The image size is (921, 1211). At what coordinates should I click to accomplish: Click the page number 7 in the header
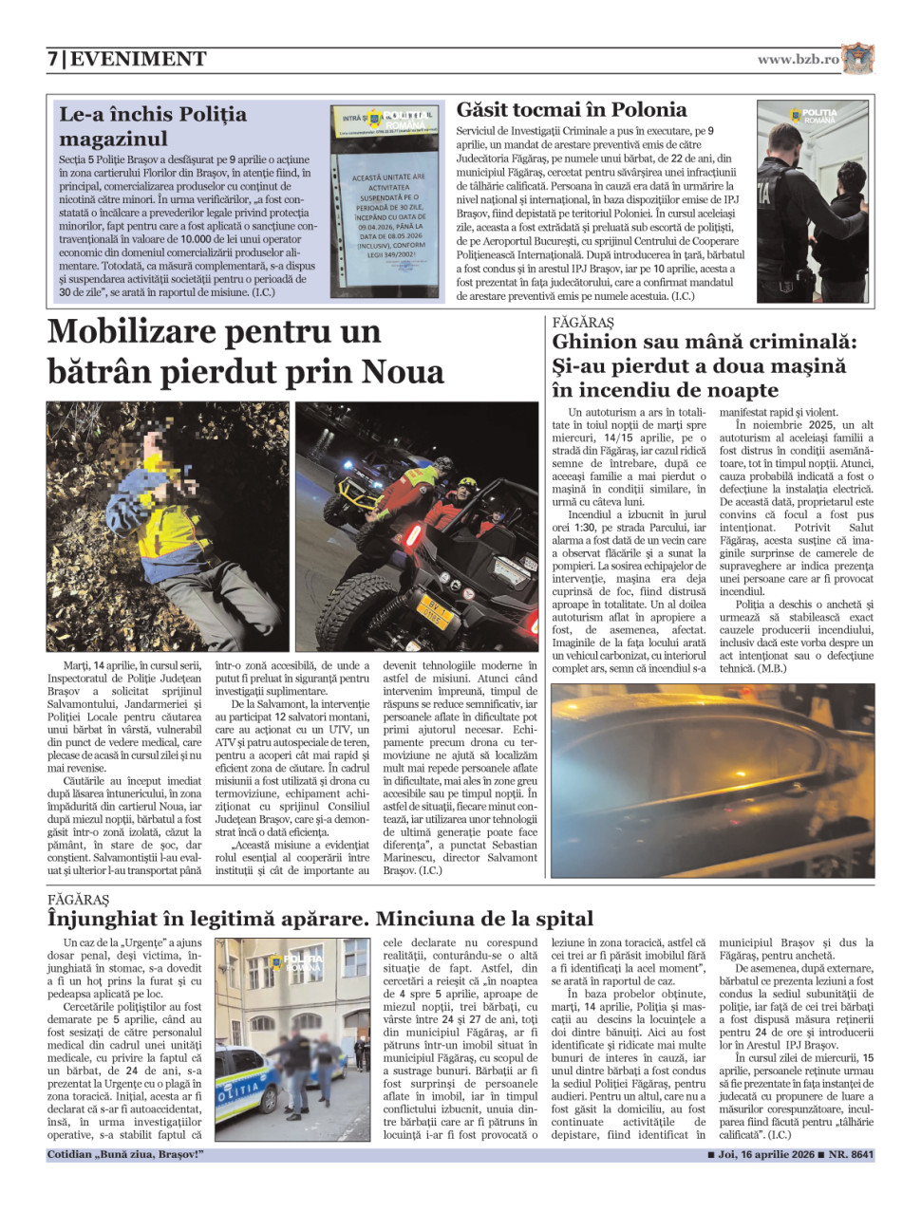pyautogui.click(x=53, y=59)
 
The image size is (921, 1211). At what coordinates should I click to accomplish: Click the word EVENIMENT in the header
pyautogui.click(x=139, y=59)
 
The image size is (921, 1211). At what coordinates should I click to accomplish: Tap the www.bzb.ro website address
pyautogui.click(x=798, y=59)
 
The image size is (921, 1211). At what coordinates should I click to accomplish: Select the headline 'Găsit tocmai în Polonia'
pyautogui.click(x=572, y=110)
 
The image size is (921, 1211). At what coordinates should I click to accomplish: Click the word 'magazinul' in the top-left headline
pyautogui.click(x=113, y=139)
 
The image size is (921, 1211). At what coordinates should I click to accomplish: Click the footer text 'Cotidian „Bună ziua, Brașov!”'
pyautogui.click(x=125, y=1155)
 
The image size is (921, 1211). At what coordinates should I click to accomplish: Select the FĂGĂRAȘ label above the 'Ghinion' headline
pyautogui.click(x=583, y=323)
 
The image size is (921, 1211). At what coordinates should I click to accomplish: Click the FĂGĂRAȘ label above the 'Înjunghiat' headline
pyautogui.click(x=79, y=899)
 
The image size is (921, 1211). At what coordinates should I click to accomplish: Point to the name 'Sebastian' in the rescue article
pyautogui.click(x=515, y=845)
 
